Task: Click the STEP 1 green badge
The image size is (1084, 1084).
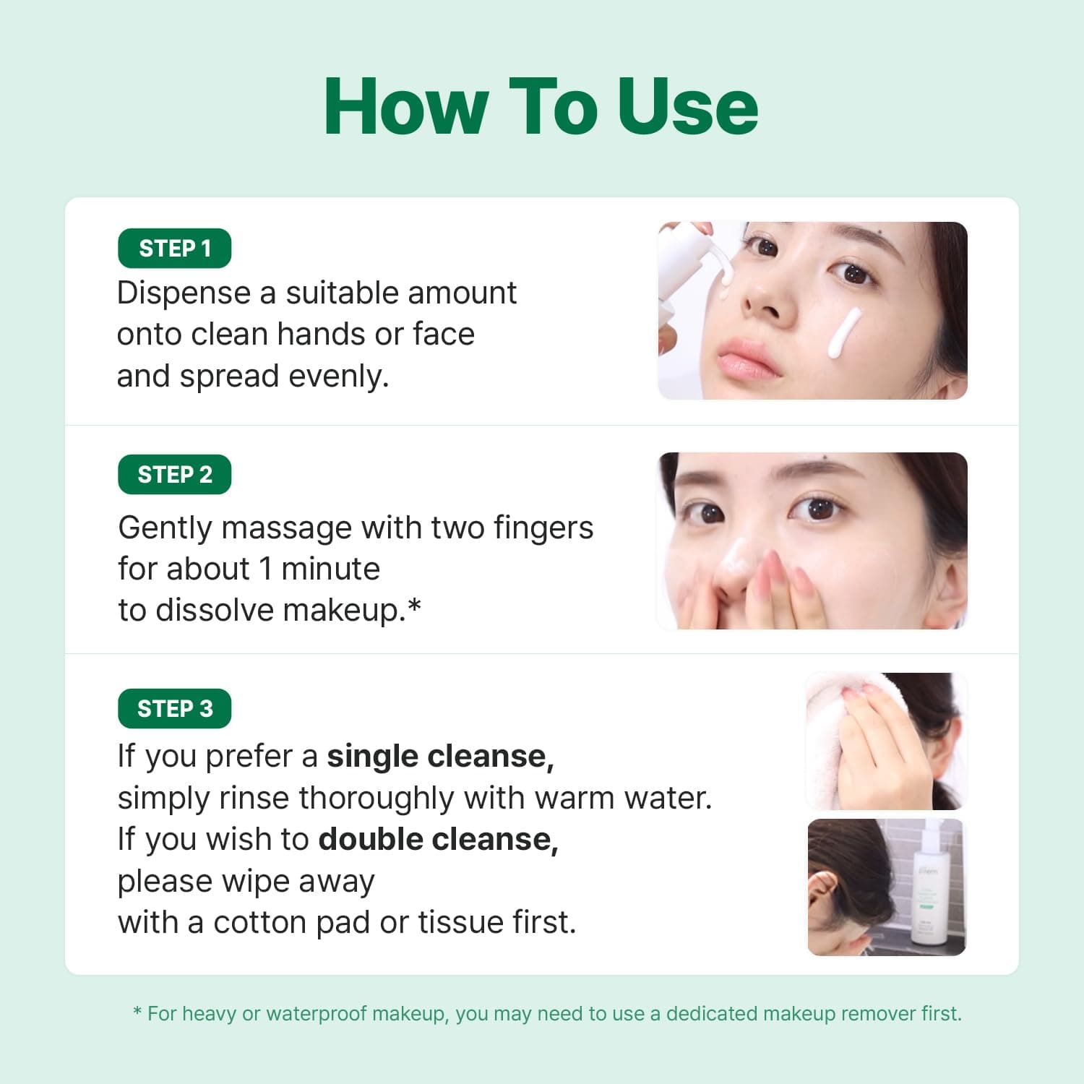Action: (x=174, y=249)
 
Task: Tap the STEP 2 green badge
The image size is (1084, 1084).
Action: (x=174, y=475)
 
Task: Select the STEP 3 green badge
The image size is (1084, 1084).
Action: (x=174, y=709)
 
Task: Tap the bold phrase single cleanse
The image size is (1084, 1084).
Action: (x=440, y=757)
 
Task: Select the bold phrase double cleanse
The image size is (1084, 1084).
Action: (x=438, y=840)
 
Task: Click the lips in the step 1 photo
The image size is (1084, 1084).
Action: (x=749, y=359)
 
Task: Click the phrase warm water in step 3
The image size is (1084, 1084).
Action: (x=623, y=799)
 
